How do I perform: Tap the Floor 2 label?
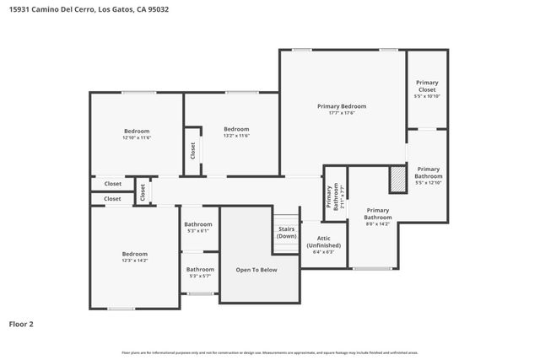[22, 323]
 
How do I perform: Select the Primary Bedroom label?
[342, 106]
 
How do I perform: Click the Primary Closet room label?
[427, 85]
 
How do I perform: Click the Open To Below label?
[256, 270]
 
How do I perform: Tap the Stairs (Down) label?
[287, 233]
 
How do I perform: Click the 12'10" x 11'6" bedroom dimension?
[137, 137]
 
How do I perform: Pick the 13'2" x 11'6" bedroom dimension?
[236, 136]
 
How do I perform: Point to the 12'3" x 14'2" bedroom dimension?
[134, 261]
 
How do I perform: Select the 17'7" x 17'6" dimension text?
[342, 114]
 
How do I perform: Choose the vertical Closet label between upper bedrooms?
[192, 151]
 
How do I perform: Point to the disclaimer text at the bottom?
[269, 352]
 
